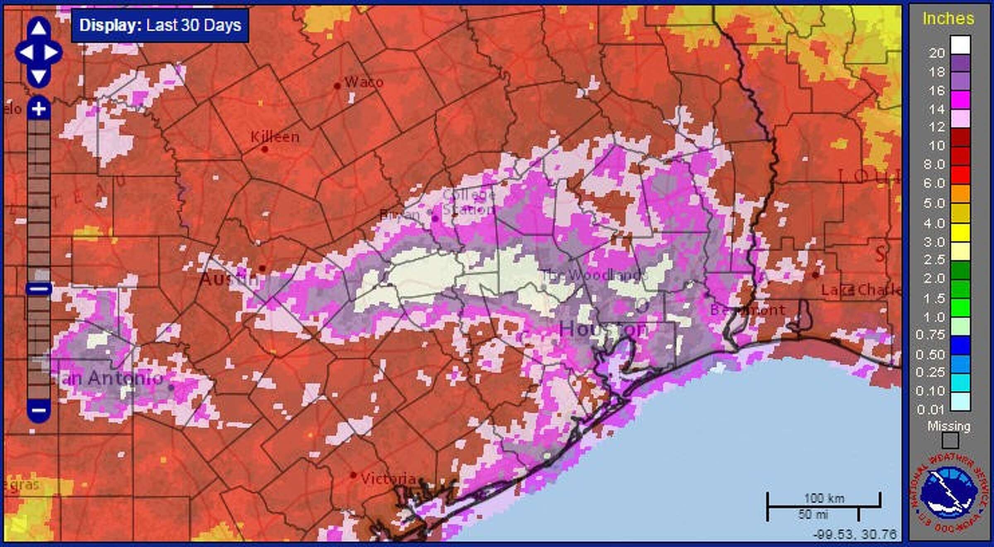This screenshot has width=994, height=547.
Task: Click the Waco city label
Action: (x=363, y=82)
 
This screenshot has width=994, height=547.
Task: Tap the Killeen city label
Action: (x=275, y=137)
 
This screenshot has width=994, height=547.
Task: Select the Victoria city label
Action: (x=388, y=479)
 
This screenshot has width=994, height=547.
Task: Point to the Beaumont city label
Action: (x=747, y=310)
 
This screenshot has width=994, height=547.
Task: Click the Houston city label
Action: (x=603, y=330)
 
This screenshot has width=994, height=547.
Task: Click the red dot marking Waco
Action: (x=337, y=86)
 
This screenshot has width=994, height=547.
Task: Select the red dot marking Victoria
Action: (x=353, y=475)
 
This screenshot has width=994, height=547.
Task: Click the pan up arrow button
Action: (x=39, y=28)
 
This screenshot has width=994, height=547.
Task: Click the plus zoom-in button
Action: (x=39, y=109)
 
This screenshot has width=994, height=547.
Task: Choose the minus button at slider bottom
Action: (x=39, y=410)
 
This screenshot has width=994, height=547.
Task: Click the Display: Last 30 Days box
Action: (x=160, y=26)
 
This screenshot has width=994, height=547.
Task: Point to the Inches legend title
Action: (x=948, y=19)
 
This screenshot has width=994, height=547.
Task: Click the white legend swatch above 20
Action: (x=960, y=44)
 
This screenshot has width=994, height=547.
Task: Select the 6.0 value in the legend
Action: (x=934, y=183)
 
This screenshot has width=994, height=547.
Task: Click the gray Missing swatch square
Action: (x=950, y=441)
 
